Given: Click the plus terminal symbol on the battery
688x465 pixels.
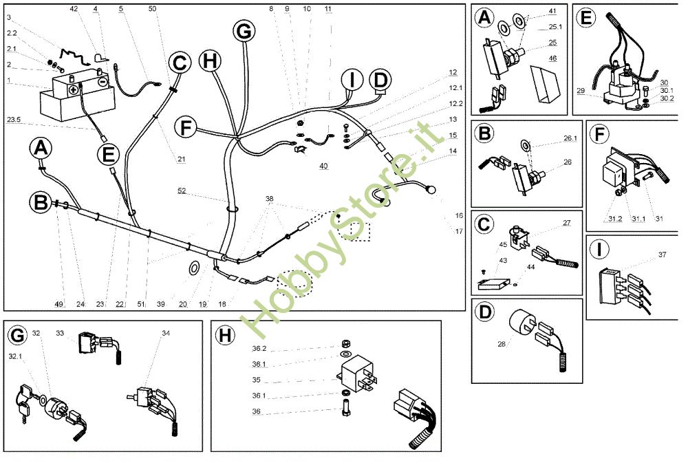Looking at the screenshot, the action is click(x=74, y=90).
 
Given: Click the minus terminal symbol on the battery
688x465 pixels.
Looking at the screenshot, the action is click(x=103, y=81).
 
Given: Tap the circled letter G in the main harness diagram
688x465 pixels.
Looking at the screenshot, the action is click(x=244, y=31).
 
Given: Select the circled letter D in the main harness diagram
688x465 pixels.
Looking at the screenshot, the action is click(x=380, y=80).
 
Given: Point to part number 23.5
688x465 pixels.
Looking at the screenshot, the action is click(x=14, y=120).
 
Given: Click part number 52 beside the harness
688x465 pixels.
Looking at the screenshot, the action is click(x=182, y=191).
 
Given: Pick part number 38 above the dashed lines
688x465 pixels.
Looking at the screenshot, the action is click(x=270, y=199).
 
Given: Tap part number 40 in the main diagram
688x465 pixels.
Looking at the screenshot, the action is click(x=323, y=166).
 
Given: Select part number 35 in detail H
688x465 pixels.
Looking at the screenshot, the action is click(x=256, y=380).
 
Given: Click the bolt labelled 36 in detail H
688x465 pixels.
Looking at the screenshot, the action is click(x=346, y=407).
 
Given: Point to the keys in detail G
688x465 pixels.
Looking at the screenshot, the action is click(x=22, y=402).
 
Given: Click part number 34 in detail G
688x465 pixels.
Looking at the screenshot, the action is click(x=166, y=334).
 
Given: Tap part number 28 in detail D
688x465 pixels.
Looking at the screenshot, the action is click(x=502, y=344).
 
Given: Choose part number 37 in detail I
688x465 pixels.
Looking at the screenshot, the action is click(x=662, y=255).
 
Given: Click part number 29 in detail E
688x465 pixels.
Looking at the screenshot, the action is click(x=581, y=91).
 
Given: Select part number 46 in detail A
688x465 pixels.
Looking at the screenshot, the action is click(x=552, y=58).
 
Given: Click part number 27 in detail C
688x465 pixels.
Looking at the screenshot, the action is click(x=567, y=223).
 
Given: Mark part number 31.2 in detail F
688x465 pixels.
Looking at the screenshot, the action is click(x=615, y=219).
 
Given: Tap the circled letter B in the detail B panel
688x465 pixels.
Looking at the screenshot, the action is click(x=484, y=133).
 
